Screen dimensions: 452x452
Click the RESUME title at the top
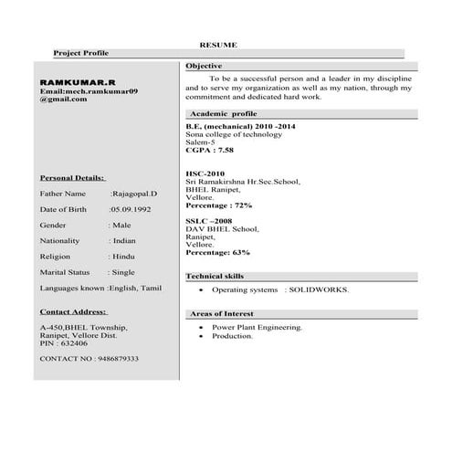pos(218,44)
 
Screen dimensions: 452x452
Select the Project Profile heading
pos(80,54)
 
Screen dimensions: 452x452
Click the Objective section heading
pos(204,67)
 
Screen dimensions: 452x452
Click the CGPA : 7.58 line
pos(209,149)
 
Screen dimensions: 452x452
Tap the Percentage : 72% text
pos(218,205)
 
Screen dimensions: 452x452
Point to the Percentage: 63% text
pos(217,252)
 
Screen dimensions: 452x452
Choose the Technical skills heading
pos(215,276)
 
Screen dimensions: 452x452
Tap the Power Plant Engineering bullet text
pos(257,326)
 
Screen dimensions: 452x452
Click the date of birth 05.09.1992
pos(131,209)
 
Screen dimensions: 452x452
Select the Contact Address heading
pos(74,311)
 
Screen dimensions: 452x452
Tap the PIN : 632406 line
pos(64,342)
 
